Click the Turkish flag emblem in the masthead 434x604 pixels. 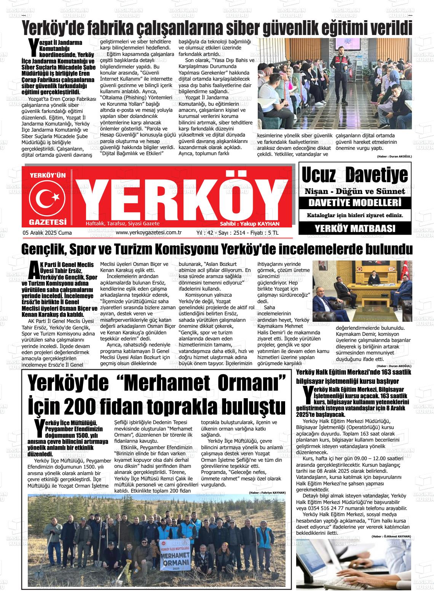click(x=48, y=197)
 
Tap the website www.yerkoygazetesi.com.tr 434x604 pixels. click(x=148, y=233)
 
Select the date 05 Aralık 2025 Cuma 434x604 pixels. click(x=47, y=233)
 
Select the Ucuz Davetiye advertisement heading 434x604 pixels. click(x=354, y=175)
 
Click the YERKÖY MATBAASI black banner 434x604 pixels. click(x=354, y=229)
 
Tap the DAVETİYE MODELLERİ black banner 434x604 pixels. click(x=354, y=202)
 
